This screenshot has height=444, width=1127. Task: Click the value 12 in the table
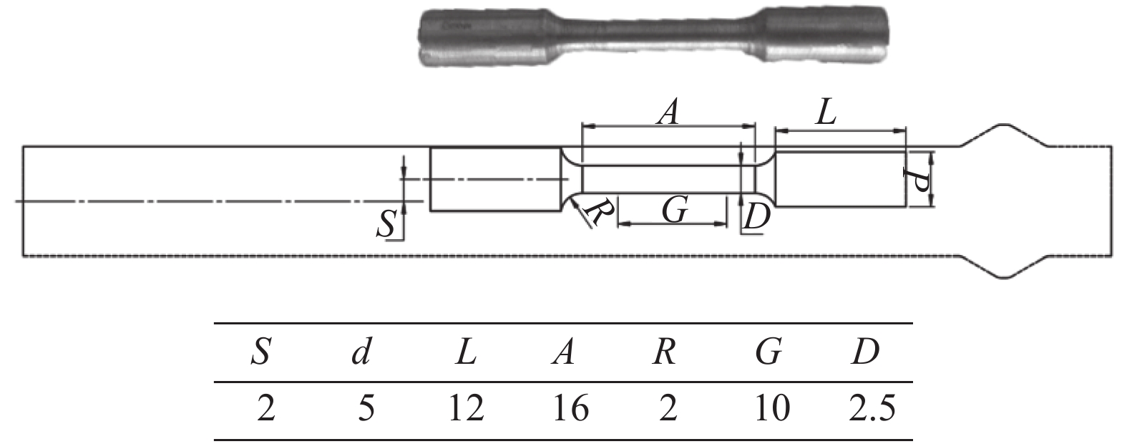coord(467,407)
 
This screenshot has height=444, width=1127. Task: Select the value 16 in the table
coord(570,407)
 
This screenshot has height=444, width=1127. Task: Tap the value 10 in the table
coord(772,407)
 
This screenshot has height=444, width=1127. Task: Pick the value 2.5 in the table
coord(872,407)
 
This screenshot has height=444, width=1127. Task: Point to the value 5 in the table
coord(366,407)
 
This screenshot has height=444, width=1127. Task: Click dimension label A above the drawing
coord(668,112)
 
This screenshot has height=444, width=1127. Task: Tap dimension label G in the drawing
coord(675,209)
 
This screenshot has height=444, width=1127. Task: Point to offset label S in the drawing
coord(386,223)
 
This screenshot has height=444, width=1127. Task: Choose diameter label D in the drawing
coord(757,216)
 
